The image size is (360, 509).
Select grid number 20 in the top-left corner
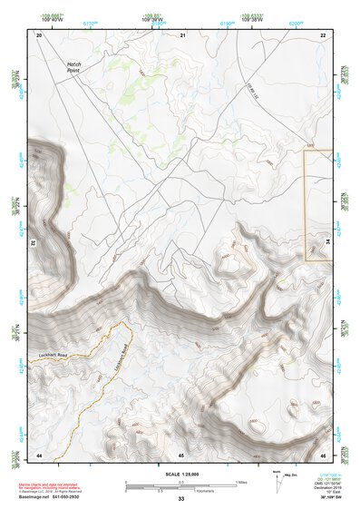[39, 34]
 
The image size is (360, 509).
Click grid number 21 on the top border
[182, 34]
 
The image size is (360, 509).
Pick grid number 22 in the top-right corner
[323, 34]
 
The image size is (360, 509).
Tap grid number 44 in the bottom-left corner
[39, 454]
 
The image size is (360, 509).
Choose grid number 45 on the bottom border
[181, 454]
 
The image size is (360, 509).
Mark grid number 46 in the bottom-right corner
[323, 454]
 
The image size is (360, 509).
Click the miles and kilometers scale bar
[180, 485]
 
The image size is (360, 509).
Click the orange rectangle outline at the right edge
[318, 206]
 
